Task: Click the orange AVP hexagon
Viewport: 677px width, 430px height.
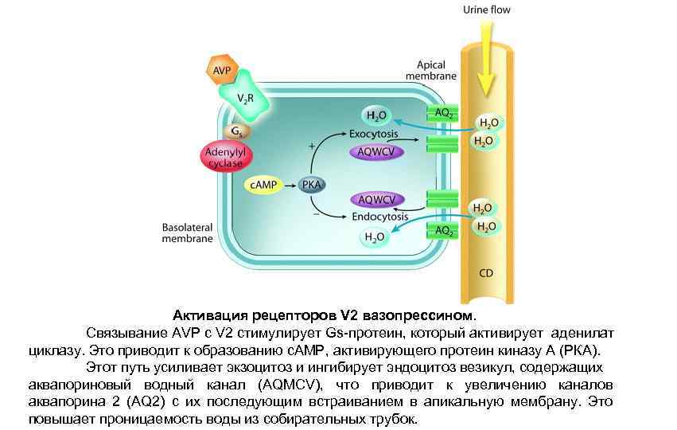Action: click(222, 71)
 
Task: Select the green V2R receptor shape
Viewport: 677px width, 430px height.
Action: click(246, 96)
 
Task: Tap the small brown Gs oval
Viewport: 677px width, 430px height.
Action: click(236, 131)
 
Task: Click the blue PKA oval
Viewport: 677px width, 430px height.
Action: click(311, 184)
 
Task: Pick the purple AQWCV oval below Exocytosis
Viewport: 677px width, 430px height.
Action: click(376, 151)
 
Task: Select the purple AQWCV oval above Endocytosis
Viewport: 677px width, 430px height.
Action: click(376, 199)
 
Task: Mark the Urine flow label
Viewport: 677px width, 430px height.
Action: click(486, 10)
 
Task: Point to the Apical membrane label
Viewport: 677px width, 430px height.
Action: click(431, 70)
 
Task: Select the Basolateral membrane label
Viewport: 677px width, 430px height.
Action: click(187, 232)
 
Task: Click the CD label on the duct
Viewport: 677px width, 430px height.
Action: click(486, 273)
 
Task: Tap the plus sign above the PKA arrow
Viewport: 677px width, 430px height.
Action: click(312, 146)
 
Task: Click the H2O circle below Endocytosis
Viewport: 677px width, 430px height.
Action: click(373, 236)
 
